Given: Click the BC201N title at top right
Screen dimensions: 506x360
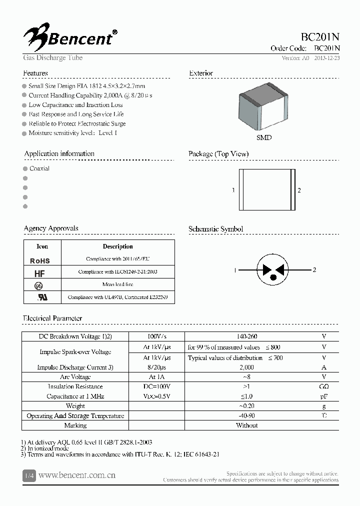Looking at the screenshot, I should coord(320,37).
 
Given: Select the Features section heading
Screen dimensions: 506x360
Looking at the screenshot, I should coord(35,73).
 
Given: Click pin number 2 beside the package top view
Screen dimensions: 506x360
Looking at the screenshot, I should coord(299,190).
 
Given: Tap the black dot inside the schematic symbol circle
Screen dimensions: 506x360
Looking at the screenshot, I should coord(273,277).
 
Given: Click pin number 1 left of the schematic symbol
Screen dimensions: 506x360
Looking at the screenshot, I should coord(234,270).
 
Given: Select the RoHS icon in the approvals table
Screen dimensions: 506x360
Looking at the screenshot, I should coord(40,260).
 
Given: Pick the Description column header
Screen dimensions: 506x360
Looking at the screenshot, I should coord(117,246).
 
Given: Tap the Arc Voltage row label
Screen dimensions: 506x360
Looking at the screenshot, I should coord(75,377).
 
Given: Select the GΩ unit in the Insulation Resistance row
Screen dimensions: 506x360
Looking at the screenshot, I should coord(323,386).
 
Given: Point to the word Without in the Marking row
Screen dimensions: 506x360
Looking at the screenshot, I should coord(246,425).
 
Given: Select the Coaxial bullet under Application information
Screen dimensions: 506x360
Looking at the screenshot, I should coord(39,168).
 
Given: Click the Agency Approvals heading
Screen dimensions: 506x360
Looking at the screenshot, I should coord(51,228).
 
